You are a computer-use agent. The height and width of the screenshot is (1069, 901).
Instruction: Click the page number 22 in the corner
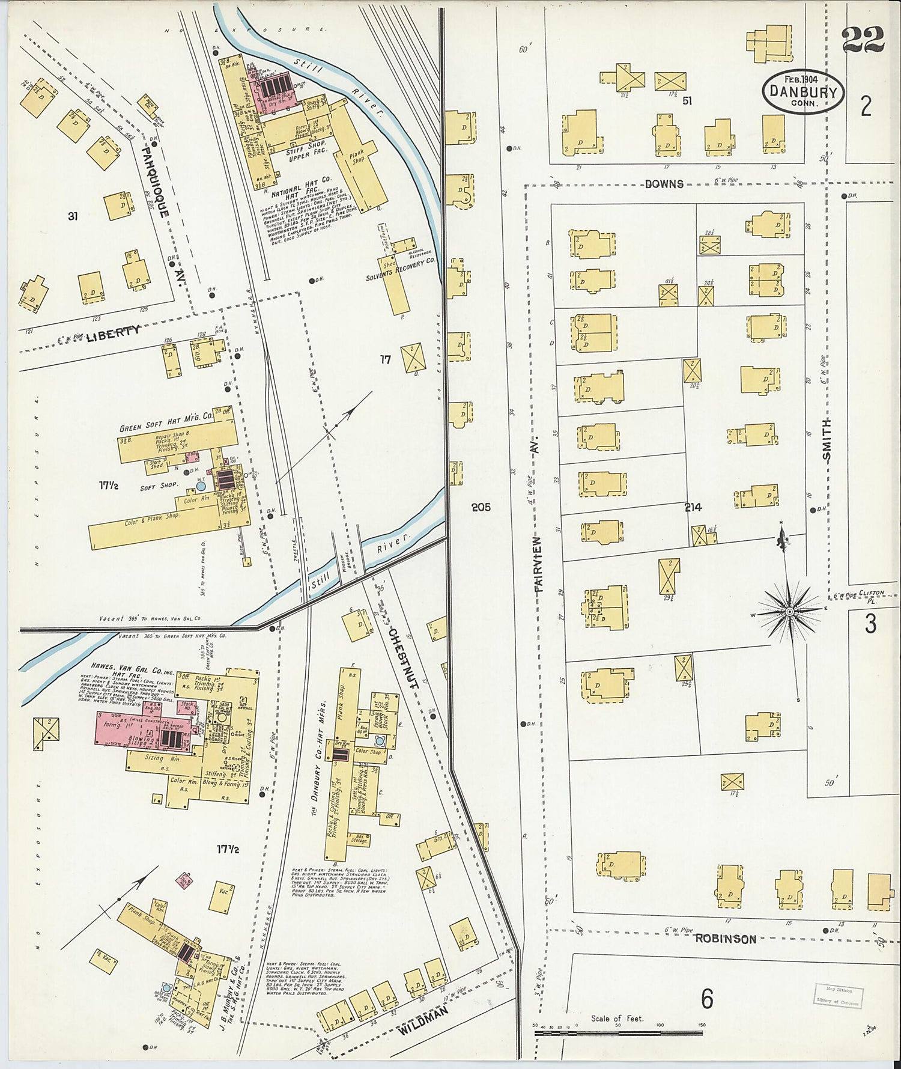[863, 40]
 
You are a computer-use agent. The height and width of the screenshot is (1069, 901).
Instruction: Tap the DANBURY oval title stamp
[803, 92]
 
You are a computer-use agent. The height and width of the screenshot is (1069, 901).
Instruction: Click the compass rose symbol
[789, 611]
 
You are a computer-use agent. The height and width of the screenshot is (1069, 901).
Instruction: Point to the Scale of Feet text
[617, 1018]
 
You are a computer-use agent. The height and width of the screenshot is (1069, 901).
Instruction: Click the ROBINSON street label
[726, 939]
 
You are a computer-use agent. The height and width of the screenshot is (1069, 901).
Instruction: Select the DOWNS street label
[664, 184]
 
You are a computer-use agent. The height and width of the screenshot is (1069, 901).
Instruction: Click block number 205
[481, 507]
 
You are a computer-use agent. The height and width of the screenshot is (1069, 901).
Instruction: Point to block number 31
[73, 216]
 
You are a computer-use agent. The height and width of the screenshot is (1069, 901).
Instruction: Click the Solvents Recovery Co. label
[401, 278]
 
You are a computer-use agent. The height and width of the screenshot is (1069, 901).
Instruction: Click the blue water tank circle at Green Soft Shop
[201, 485]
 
